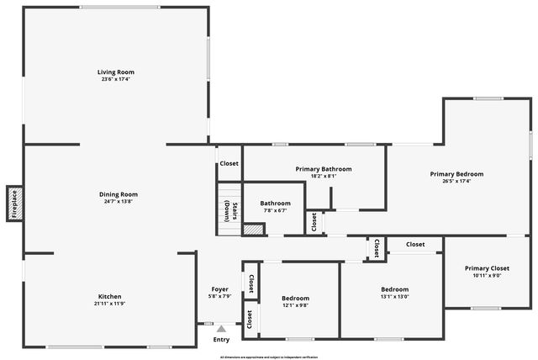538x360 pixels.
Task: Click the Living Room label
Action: (116, 72)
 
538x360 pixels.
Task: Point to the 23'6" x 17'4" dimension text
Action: (116, 80)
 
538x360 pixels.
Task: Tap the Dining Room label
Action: (118, 194)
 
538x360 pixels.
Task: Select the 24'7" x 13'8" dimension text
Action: (118, 202)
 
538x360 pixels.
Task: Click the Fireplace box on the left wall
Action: (14, 203)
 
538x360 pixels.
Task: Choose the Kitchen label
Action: (110, 296)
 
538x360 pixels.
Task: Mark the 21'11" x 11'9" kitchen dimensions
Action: (110, 304)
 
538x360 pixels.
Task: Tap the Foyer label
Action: (219, 289)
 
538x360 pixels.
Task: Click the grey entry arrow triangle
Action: (221, 329)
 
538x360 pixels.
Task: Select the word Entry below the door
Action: (221, 340)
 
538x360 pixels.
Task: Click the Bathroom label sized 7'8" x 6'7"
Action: (275, 203)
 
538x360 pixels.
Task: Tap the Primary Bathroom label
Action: (324, 169)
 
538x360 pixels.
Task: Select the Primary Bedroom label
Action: (456, 174)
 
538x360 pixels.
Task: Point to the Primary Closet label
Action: (487, 268)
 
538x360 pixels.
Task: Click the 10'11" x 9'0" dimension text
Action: (487, 276)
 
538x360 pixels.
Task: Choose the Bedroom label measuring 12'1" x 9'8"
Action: (295, 298)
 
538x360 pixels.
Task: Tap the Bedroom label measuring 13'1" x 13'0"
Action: (394, 289)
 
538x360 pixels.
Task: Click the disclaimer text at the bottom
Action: (269, 357)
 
